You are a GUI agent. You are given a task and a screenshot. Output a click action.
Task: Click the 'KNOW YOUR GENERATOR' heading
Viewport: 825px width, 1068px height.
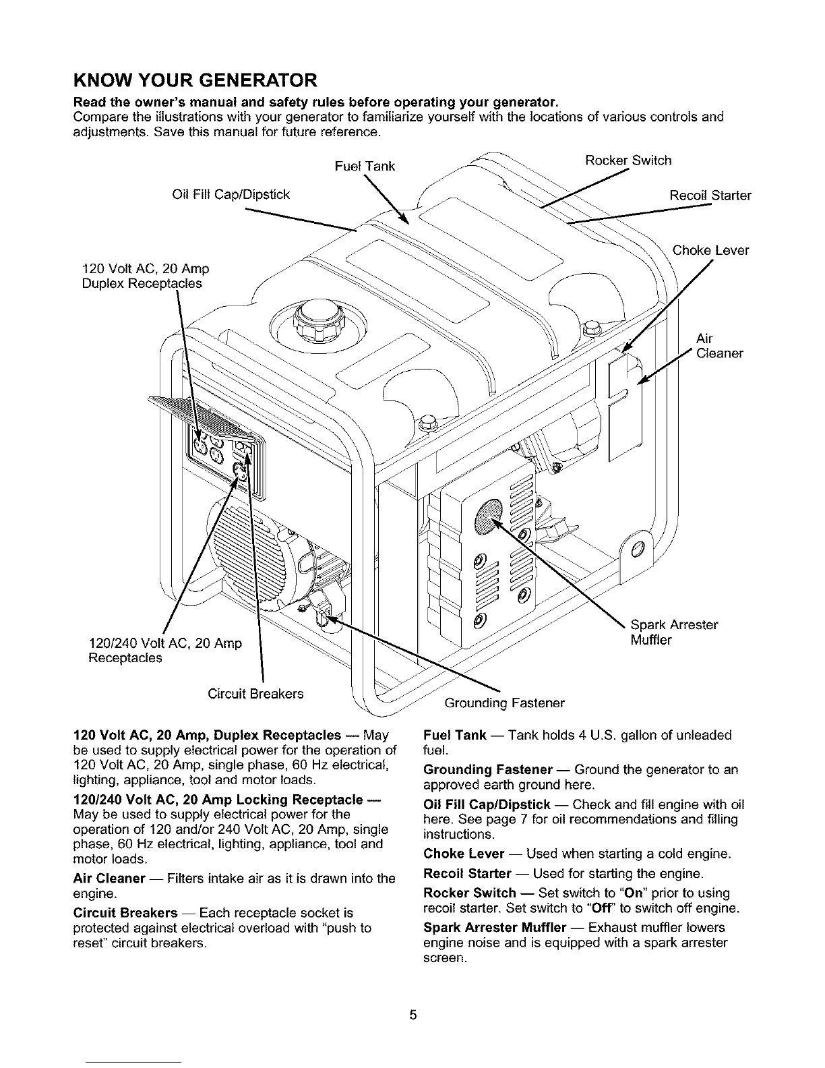(194, 81)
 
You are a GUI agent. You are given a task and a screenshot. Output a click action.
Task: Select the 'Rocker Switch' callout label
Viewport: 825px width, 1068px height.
(628, 160)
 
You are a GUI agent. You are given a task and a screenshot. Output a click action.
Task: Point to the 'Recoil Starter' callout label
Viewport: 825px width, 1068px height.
(710, 196)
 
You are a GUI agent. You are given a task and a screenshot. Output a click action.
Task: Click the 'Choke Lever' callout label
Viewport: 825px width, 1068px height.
(711, 251)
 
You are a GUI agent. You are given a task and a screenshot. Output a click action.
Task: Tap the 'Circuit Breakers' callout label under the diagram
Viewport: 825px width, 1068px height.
(255, 693)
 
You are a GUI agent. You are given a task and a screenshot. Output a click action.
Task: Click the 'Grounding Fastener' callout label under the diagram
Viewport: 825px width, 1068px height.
(504, 703)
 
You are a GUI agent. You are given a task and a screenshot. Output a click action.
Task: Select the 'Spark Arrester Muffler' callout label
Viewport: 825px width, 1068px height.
(674, 632)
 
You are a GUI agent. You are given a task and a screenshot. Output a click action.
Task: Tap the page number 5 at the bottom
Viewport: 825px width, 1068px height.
(413, 1015)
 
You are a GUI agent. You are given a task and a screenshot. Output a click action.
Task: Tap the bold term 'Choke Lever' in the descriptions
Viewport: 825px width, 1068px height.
(463, 854)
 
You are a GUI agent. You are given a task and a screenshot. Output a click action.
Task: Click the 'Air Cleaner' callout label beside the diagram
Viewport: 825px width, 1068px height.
(719, 346)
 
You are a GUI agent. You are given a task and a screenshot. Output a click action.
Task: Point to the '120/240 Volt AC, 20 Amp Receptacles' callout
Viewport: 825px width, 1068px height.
(164, 650)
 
